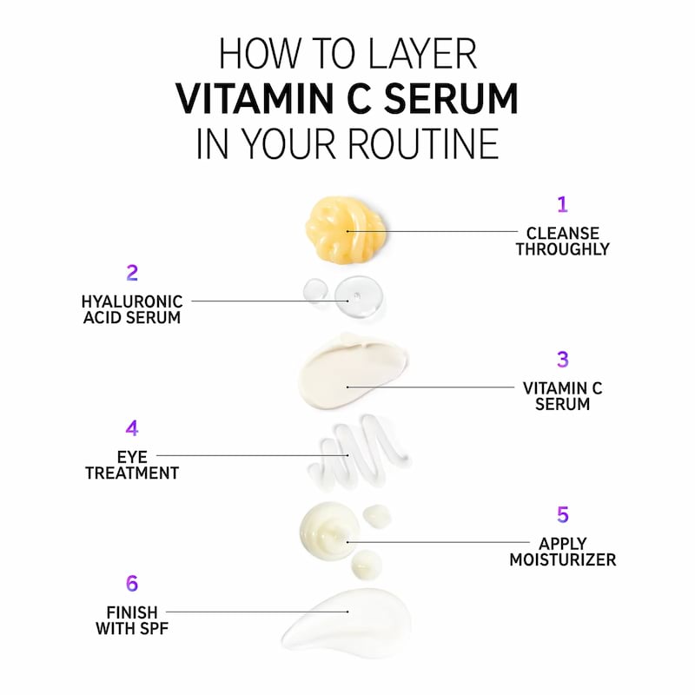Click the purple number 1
(x=562, y=205)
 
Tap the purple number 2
(x=132, y=273)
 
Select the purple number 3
(x=562, y=360)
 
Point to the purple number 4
(x=132, y=428)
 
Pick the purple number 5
(x=562, y=515)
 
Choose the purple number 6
(x=132, y=584)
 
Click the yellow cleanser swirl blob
(x=345, y=228)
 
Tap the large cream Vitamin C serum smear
(x=352, y=372)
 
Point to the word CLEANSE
(x=562, y=233)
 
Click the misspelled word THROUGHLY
(x=562, y=249)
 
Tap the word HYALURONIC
(x=132, y=301)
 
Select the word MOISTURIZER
(x=562, y=560)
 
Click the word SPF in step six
(x=152, y=629)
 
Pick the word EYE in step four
(x=132, y=456)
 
